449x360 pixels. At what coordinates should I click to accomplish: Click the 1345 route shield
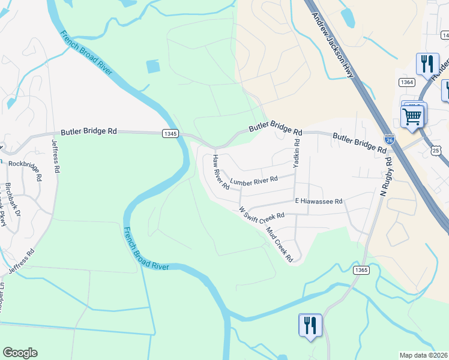(x=169, y=133)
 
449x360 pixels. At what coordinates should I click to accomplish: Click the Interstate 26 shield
(x=390, y=139)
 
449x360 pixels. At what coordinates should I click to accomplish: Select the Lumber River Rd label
(x=254, y=180)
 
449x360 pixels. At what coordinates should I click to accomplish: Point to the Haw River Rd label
(x=220, y=172)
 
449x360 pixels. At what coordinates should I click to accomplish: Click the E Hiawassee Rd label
(x=318, y=202)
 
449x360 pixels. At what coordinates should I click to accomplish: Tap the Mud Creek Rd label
(x=280, y=245)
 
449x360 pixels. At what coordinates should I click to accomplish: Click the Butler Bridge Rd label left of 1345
(x=88, y=131)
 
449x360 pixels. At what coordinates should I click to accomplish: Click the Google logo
(x=20, y=353)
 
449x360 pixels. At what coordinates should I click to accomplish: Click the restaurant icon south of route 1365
(x=310, y=326)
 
